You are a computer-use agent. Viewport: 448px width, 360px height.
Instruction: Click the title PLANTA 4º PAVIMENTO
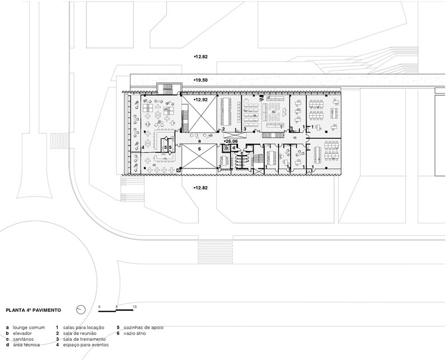click(x=34, y=310)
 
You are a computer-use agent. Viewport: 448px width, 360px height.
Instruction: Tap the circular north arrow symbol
click(x=81, y=310)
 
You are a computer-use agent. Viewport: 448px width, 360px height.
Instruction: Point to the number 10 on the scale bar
click(x=134, y=307)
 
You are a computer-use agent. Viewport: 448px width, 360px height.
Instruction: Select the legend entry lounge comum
click(x=29, y=328)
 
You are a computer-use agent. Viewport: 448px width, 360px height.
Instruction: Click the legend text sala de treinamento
click(x=85, y=339)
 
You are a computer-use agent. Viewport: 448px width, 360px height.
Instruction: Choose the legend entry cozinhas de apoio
click(x=143, y=328)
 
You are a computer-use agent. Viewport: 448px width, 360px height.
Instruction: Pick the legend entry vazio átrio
click(x=134, y=333)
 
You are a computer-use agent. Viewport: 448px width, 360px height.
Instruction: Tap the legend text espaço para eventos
click(x=86, y=345)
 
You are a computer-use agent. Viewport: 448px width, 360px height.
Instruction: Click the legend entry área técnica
click(x=26, y=345)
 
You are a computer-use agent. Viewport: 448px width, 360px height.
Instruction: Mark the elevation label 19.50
click(x=201, y=80)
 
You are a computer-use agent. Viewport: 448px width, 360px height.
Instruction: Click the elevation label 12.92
click(x=201, y=100)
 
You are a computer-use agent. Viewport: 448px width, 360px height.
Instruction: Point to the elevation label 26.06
click(x=231, y=142)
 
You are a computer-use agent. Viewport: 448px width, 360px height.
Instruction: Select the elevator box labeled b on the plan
click(x=227, y=148)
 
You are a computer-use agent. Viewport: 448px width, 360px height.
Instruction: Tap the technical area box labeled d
click(x=234, y=148)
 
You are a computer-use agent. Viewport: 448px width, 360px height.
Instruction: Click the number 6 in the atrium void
click(x=199, y=149)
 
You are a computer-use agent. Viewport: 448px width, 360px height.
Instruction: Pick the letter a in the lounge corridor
click(x=199, y=141)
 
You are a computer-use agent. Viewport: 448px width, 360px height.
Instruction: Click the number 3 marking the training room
click(x=245, y=129)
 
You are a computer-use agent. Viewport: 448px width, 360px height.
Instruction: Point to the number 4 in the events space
click(x=143, y=147)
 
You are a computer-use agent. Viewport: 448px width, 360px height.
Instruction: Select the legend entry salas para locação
click(x=83, y=328)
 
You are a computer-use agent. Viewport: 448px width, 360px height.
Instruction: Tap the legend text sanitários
click(x=23, y=339)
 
